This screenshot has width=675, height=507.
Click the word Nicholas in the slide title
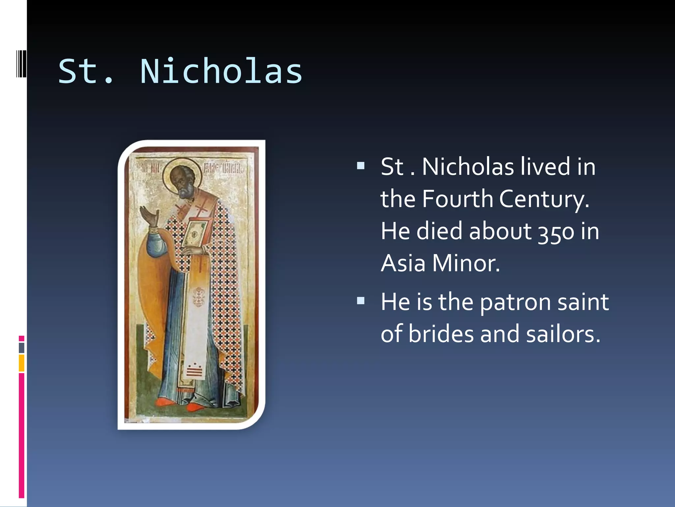[x=221, y=71]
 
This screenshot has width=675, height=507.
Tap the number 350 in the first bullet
[x=556, y=232]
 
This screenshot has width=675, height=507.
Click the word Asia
[x=403, y=263]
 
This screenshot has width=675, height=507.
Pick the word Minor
[x=466, y=263]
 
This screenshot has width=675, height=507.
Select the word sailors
[x=563, y=334]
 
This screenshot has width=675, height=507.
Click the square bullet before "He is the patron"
[x=361, y=300]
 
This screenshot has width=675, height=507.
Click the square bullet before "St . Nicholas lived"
[x=361, y=165]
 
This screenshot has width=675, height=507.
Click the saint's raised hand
[x=149, y=216]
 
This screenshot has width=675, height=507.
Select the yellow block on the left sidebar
[x=21, y=363]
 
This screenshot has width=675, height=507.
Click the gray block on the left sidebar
[x=21, y=348]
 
